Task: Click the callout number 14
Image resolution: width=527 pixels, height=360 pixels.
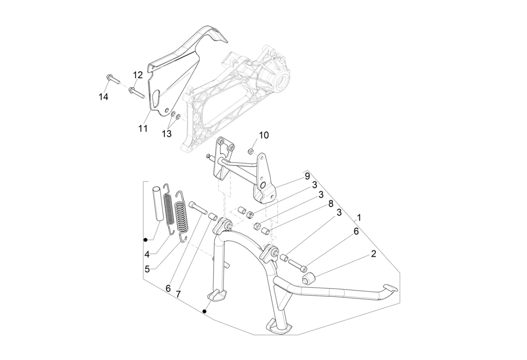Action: click(103, 97)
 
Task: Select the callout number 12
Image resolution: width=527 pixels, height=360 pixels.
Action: click(138, 75)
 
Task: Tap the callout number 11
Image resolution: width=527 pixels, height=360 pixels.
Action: click(143, 128)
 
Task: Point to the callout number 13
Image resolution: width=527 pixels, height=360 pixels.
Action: click(167, 134)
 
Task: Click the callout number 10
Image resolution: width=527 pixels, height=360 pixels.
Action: click(264, 135)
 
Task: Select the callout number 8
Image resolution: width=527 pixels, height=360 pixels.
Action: click(331, 204)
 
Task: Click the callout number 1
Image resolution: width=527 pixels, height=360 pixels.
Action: click(359, 218)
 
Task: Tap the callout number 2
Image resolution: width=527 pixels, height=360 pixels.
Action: click(373, 254)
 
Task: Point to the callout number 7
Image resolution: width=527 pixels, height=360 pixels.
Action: click(178, 294)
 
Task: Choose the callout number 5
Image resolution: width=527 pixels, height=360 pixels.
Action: click(147, 269)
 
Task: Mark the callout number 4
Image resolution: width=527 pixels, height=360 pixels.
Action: click(147, 254)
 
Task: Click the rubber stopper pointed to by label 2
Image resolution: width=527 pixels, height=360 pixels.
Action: click(308, 278)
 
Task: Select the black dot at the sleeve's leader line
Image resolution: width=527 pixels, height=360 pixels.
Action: click(146, 240)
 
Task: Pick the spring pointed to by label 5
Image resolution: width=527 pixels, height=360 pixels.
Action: click(182, 216)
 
